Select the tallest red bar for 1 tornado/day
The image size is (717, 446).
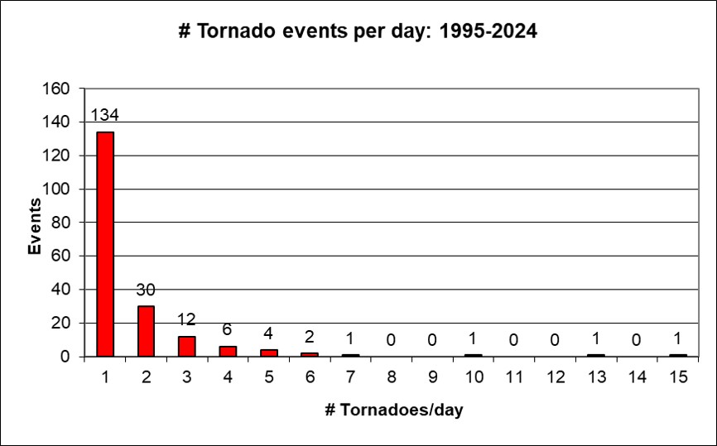105,244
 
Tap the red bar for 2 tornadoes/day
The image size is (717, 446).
147,331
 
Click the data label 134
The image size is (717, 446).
105,115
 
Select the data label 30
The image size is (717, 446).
147,290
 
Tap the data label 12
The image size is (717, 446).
187,319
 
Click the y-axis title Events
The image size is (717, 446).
35,226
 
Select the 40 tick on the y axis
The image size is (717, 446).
66,290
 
